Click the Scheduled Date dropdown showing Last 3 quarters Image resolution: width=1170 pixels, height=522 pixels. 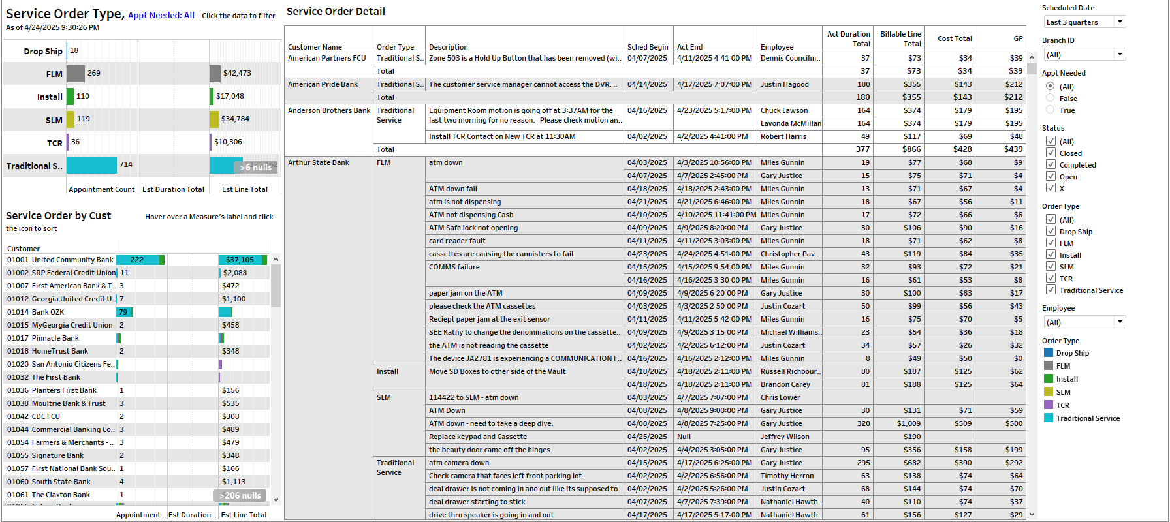coord(1084,22)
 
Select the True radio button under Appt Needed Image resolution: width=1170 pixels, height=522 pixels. coord(1051,110)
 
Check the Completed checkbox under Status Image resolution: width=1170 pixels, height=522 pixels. coord(1051,165)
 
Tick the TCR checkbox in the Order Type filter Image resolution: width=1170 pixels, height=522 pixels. coord(1051,279)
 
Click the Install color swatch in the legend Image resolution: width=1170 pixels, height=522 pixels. coord(1049,379)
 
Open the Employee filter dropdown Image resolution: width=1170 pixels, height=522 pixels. coord(1084,322)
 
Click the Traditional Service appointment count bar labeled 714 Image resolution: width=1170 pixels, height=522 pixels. coord(91,165)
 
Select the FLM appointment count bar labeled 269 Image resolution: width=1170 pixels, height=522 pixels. coord(76,74)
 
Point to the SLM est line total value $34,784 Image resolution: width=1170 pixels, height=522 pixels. coord(235,119)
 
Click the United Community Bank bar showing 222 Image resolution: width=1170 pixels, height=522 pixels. coord(138,260)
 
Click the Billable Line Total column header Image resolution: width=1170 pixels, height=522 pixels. coord(900,39)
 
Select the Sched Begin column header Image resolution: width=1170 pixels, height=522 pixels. coord(647,47)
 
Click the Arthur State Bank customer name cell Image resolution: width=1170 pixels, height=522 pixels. coord(319,163)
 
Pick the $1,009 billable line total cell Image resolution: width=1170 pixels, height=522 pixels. coord(908,424)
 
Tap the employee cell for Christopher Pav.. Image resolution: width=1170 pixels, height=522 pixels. coord(789,254)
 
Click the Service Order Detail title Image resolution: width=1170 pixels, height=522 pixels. coord(336,12)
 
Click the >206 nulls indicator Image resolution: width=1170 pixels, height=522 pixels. coord(240,496)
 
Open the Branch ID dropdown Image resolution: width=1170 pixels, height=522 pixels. coord(1084,55)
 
